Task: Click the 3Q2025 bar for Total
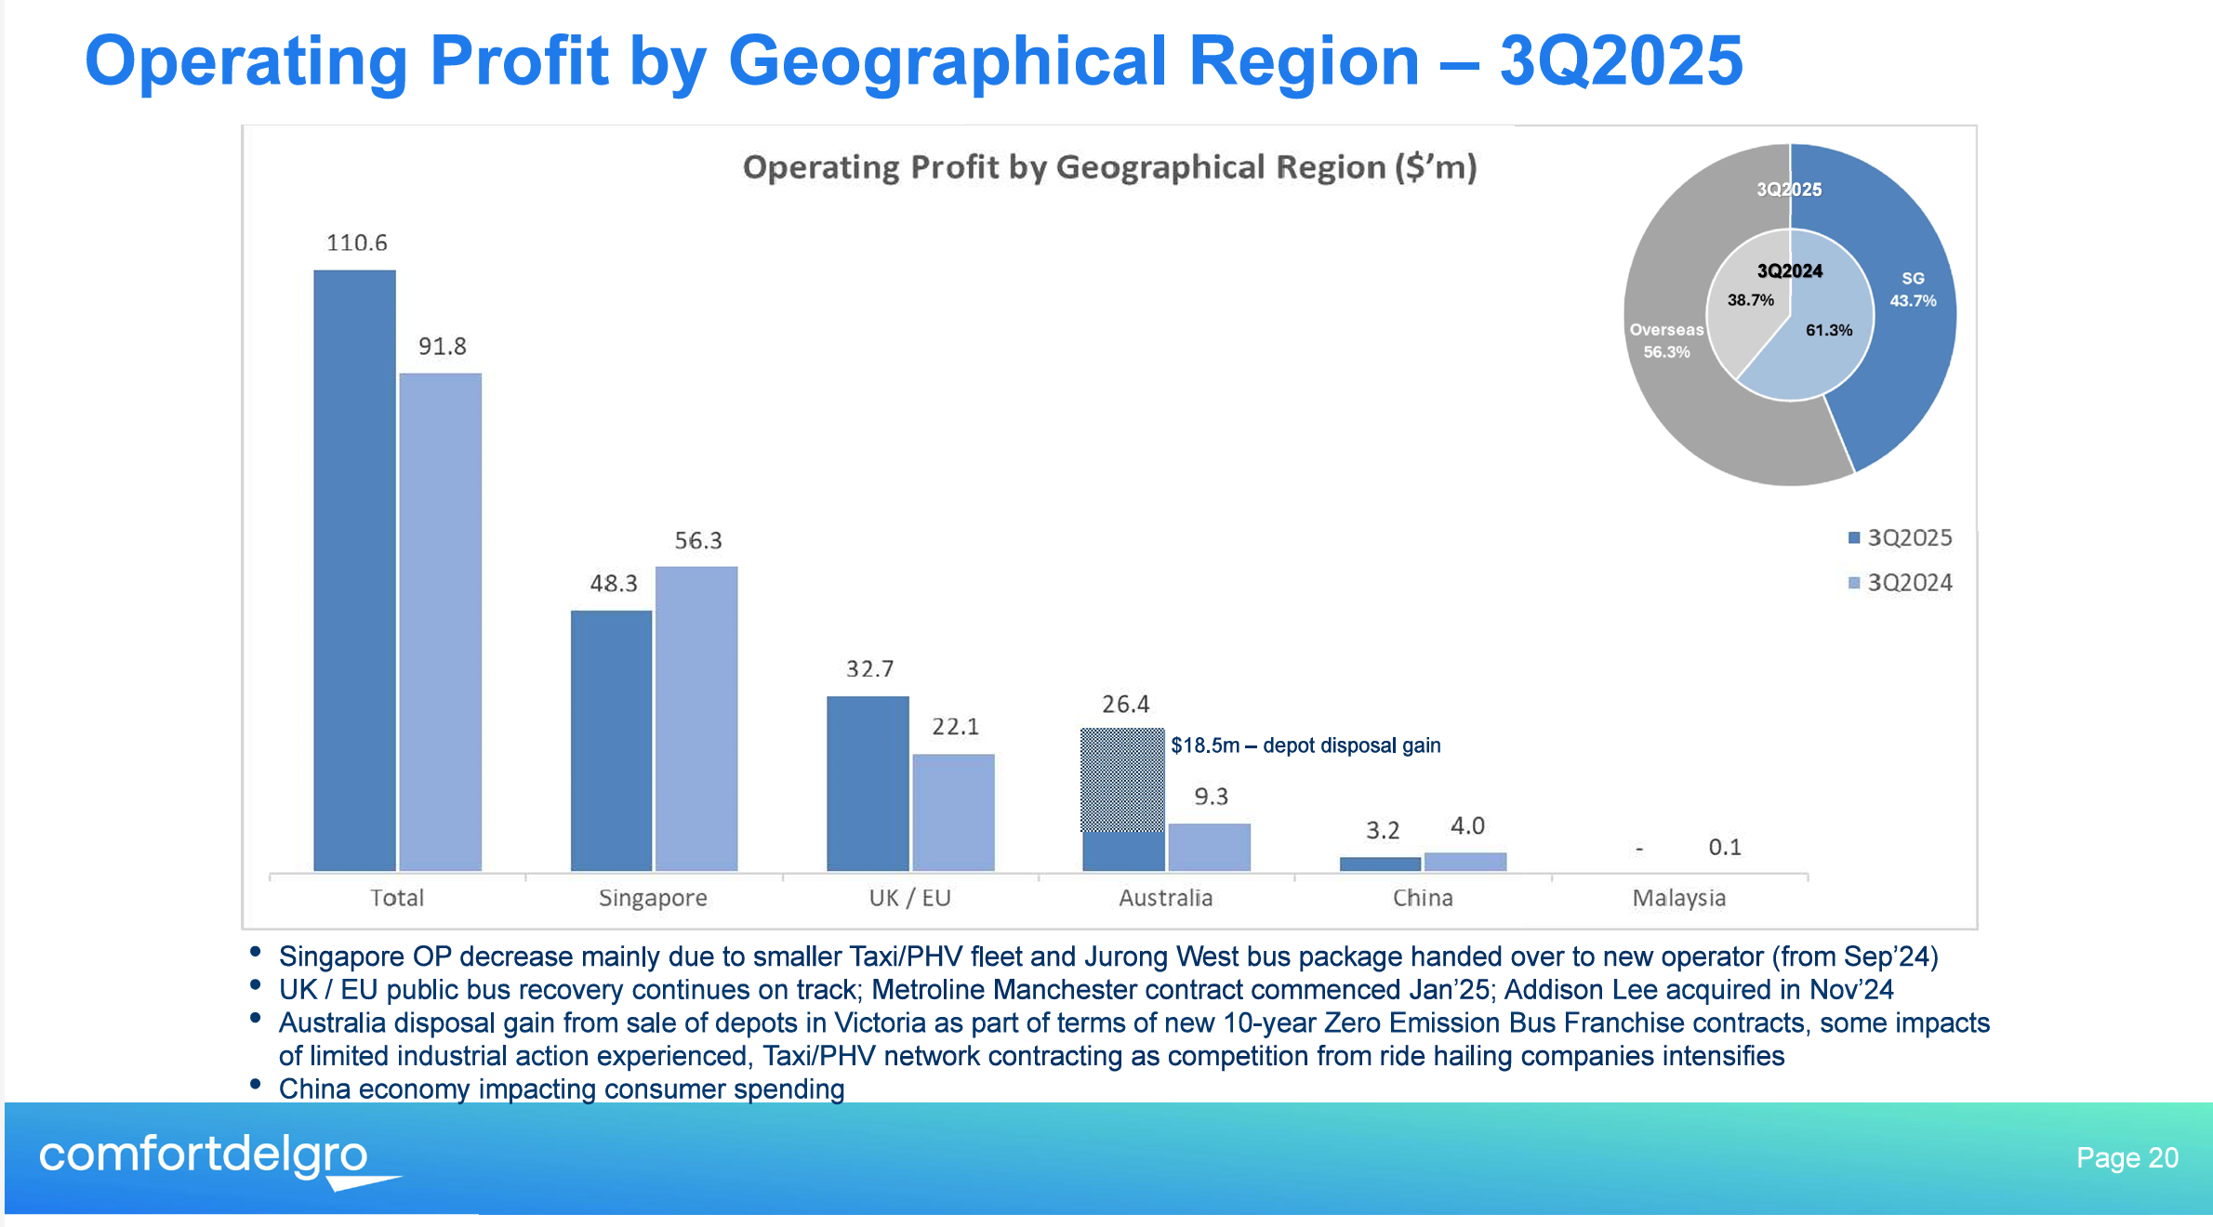pos(354,570)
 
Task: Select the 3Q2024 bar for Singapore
pos(696,718)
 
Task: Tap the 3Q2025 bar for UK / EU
pos(868,783)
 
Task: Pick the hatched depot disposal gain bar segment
pos(1122,779)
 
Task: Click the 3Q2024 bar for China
pos(1464,862)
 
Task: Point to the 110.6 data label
pos(356,243)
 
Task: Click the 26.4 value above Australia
pos(1125,705)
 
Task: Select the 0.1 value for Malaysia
pos(1724,847)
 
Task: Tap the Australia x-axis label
pos(1165,898)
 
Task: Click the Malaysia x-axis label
pos(1678,898)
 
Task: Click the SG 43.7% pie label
pos(1913,290)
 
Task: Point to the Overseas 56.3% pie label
pos(1666,341)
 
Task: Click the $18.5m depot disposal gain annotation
pos(1305,745)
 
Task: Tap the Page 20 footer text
pos(2127,1157)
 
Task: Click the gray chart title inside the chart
pos(1109,167)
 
